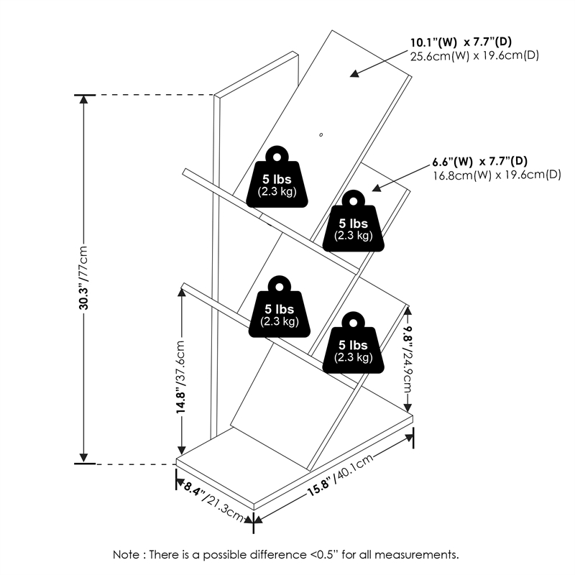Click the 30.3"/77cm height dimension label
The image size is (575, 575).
[84, 277]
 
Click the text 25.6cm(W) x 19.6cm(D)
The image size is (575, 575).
[474, 55]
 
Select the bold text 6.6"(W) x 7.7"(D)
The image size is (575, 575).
[480, 161]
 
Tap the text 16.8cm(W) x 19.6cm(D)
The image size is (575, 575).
[496, 175]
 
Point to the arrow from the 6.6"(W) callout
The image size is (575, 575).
[395, 178]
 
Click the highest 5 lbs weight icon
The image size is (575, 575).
[277, 178]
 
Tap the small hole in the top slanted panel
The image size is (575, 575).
[321, 134]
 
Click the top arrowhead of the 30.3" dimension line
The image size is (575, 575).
[84, 101]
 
